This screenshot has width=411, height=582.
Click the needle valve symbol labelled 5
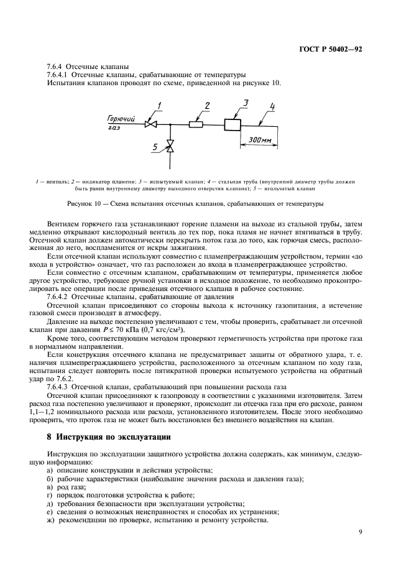tap(170, 147)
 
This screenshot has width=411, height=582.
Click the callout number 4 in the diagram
tap(271, 105)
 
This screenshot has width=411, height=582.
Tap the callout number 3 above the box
tap(245, 103)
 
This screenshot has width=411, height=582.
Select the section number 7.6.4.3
tap(62, 386)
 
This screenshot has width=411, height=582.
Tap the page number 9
tap(360, 532)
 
